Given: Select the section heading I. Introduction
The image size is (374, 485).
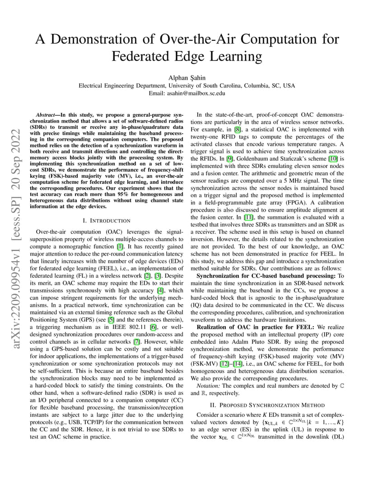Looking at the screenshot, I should pyautogui.click(x=107, y=220).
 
